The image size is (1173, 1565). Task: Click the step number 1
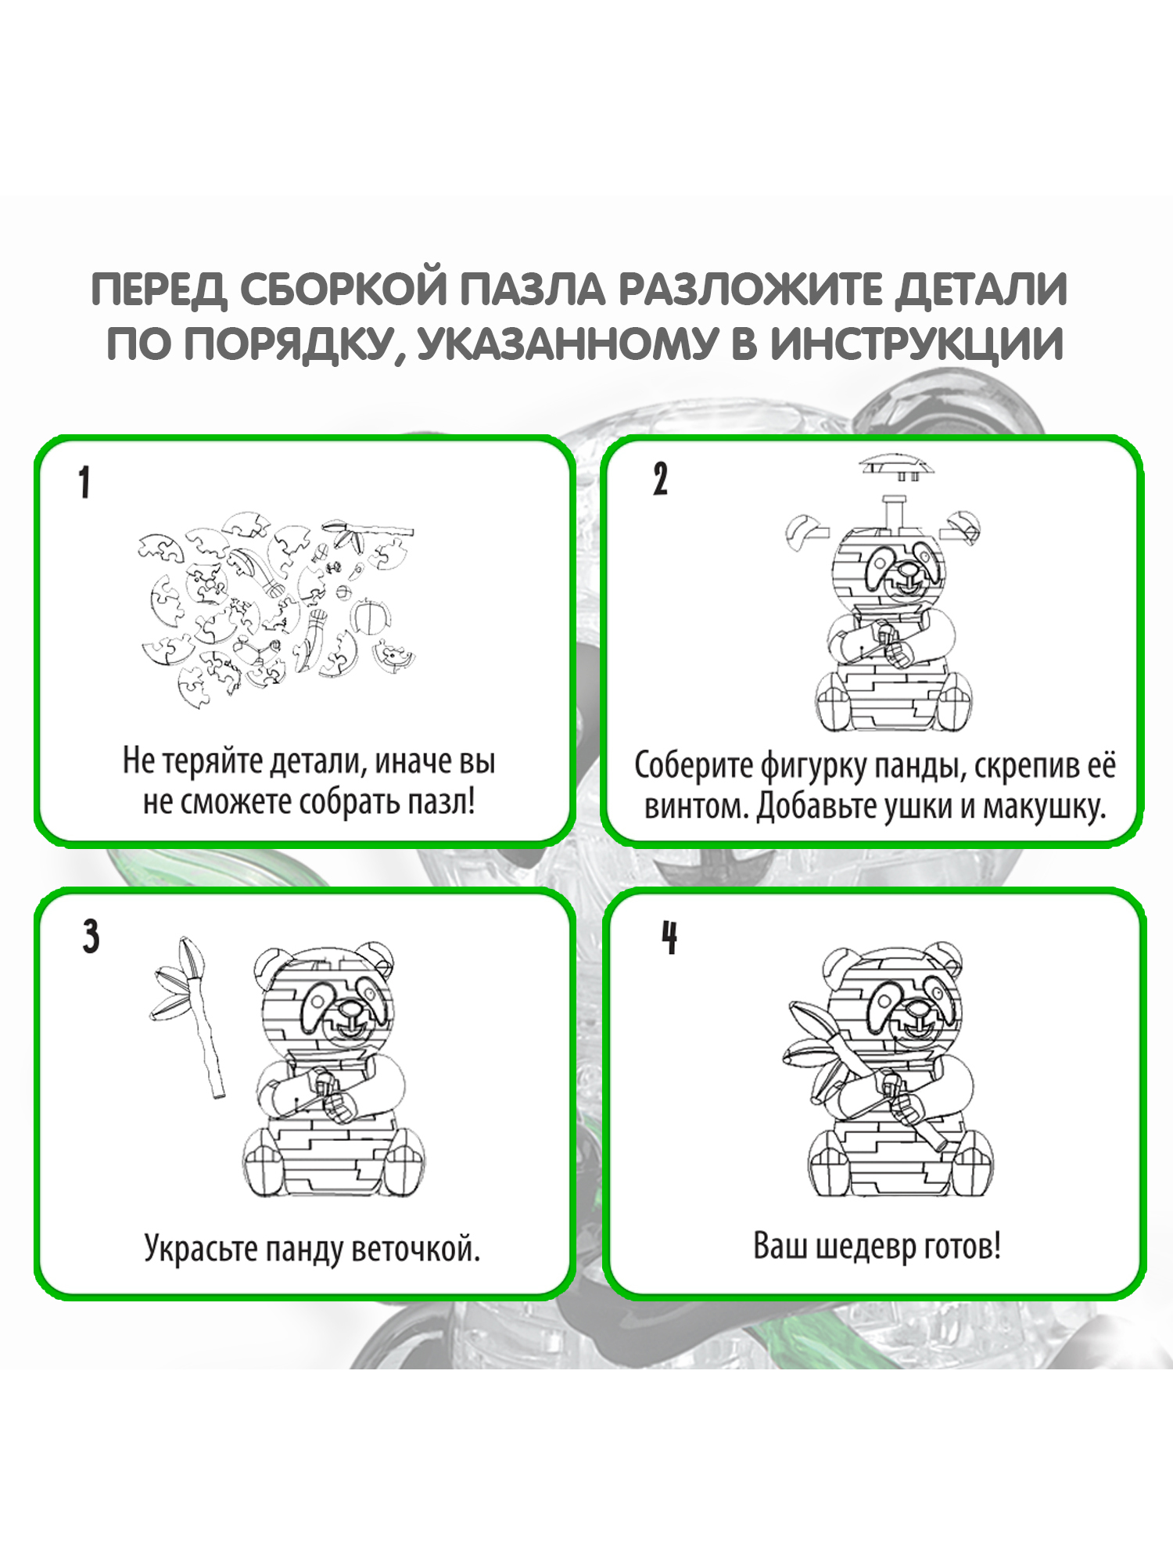84,482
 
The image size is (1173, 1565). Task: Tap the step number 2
661,479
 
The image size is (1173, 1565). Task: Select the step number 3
91,936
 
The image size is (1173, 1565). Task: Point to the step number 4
669,937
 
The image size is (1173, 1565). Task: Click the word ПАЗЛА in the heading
533,290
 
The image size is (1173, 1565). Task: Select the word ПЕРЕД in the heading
160,290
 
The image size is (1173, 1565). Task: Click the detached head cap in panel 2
897,468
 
